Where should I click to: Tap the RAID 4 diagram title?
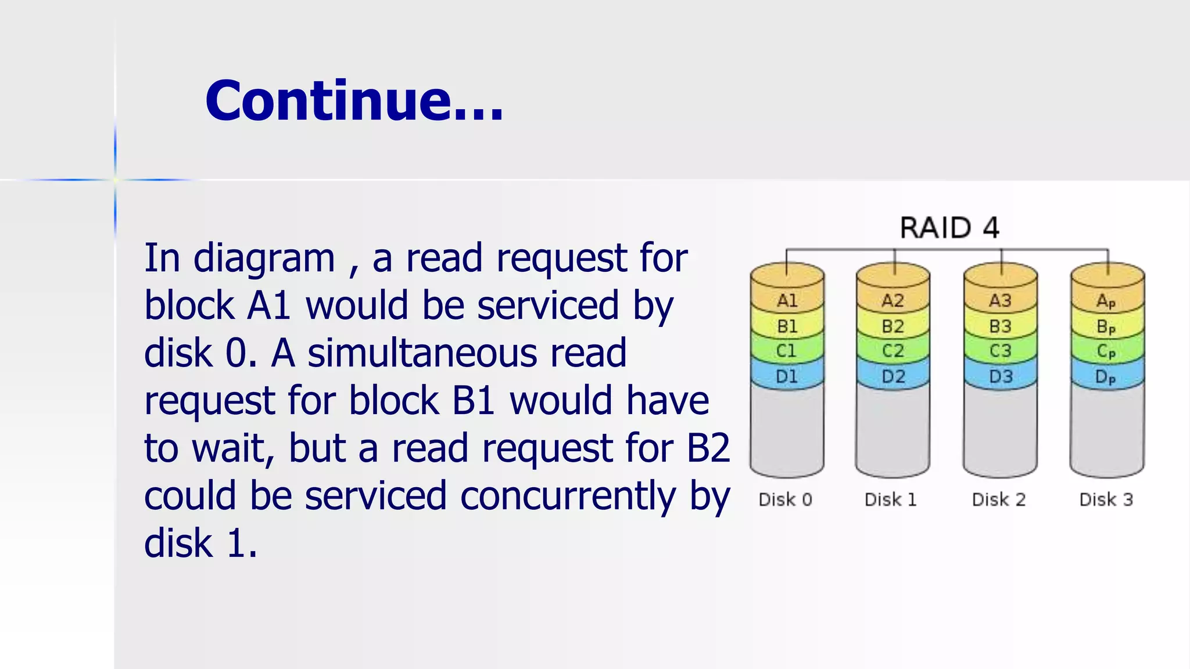(949, 227)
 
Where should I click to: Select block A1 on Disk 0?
(787, 300)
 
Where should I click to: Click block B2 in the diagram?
(892, 326)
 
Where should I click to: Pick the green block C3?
(1000, 351)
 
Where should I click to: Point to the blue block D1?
(787, 376)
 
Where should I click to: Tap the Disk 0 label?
(785, 499)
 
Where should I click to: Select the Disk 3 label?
(1106, 499)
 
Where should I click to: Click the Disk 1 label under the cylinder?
(890, 499)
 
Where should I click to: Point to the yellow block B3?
(1000, 326)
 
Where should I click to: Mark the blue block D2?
(893, 376)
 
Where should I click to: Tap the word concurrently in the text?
(568, 497)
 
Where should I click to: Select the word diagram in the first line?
(264, 259)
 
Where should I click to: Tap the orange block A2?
(892, 300)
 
